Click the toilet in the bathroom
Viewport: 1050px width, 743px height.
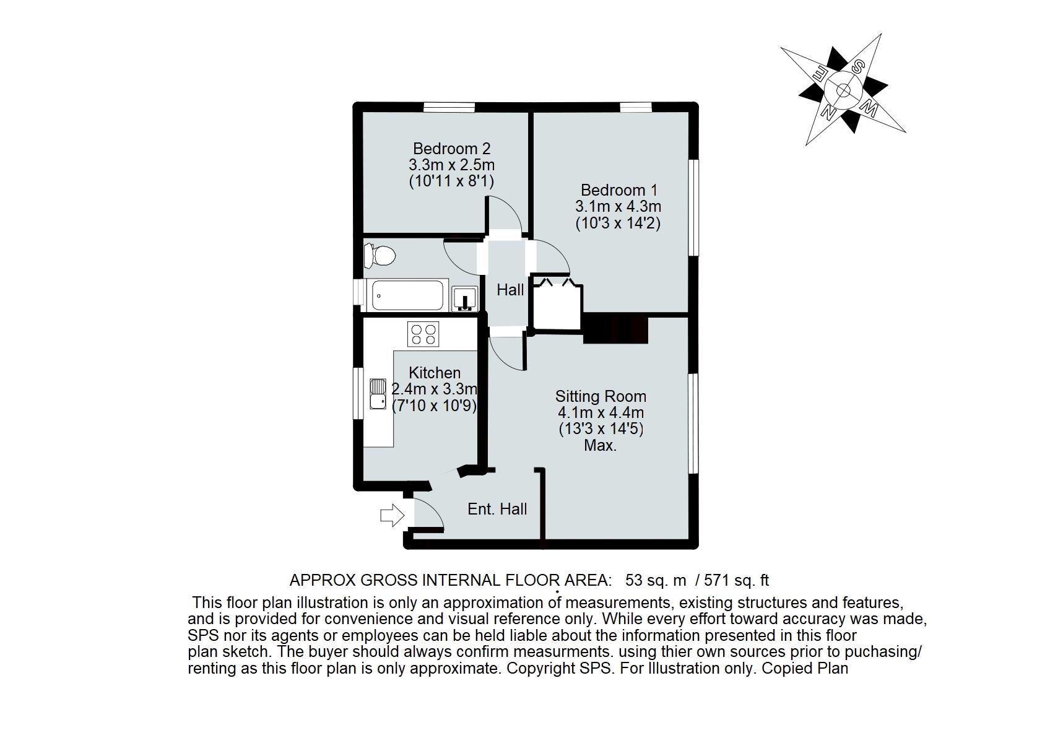pyautogui.click(x=380, y=256)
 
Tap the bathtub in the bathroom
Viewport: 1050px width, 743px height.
pyautogui.click(x=406, y=296)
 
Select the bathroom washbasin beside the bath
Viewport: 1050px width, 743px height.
pyautogui.click(x=464, y=298)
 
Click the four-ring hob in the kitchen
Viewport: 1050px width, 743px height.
pyautogui.click(x=423, y=334)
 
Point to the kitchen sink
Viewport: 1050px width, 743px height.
pyautogui.click(x=377, y=394)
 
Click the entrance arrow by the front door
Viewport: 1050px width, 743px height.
pyautogui.click(x=391, y=515)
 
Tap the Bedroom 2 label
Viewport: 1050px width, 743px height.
pyautogui.click(x=451, y=149)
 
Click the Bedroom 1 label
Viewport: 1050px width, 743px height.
pyautogui.click(x=618, y=189)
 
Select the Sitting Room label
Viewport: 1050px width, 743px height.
pyautogui.click(x=601, y=396)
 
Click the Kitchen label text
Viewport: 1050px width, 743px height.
pyautogui.click(x=435, y=373)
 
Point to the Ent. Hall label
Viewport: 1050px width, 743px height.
pyautogui.click(x=497, y=509)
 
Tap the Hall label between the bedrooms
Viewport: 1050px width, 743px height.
pyautogui.click(x=510, y=290)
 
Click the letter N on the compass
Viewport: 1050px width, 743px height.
pyautogui.click(x=826, y=111)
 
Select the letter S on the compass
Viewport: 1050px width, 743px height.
pyautogui.click(x=859, y=67)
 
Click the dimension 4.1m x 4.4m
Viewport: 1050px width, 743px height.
pyautogui.click(x=601, y=412)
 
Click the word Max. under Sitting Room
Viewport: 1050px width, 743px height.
pyautogui.click(x=601, y=445)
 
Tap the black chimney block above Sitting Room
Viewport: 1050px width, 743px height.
pyautogui.click(x=615, y=329)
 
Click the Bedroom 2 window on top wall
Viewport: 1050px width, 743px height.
pyautogui.click(x=449, y=107)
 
